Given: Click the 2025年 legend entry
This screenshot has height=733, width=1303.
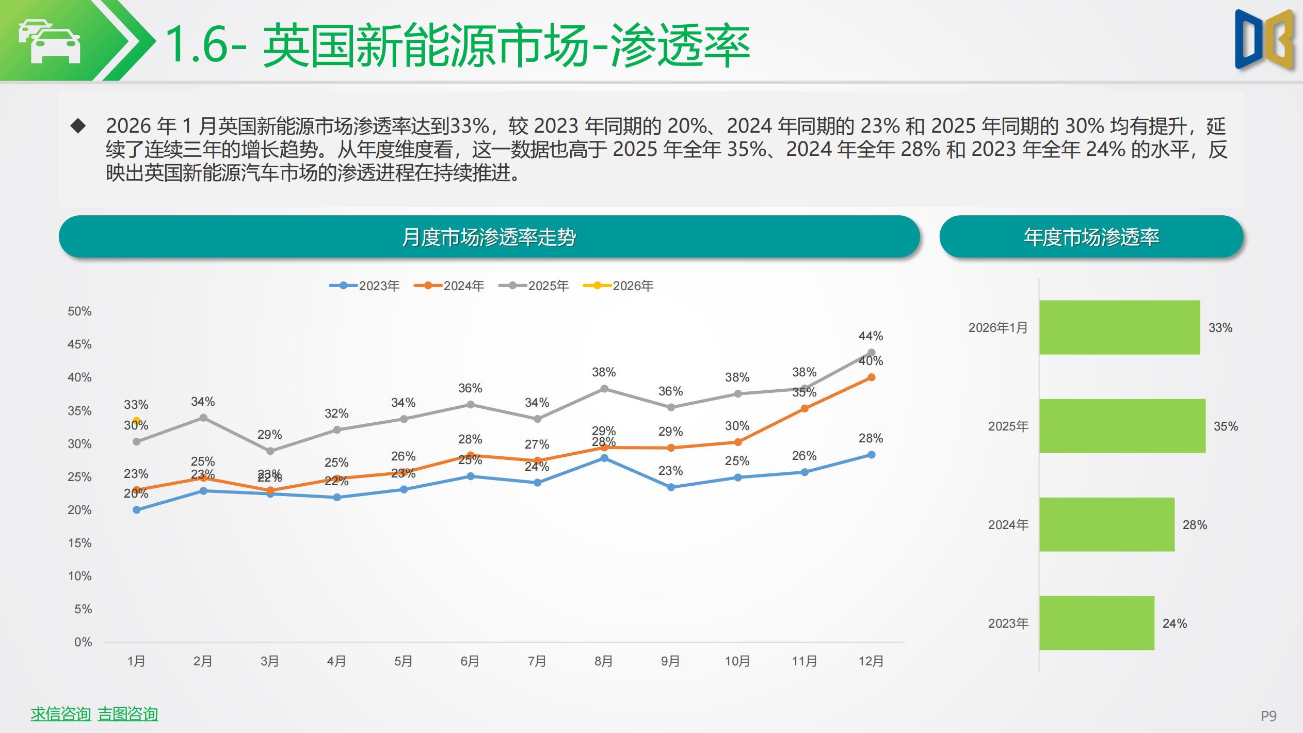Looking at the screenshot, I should [534, 286].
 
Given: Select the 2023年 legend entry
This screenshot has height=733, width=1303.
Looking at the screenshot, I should [365, 286].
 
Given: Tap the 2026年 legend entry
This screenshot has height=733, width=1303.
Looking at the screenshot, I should [619, 286].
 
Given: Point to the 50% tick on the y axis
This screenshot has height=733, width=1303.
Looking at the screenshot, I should [79, 311].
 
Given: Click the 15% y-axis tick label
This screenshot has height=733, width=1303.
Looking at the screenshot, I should [79, 543].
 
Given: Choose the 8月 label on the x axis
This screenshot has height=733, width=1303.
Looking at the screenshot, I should [604, 661].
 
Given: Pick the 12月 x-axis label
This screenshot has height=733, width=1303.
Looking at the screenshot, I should [871, 661].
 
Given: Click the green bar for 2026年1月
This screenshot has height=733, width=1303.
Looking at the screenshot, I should [1119, 327].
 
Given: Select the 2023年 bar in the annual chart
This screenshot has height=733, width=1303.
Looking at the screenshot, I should [1097, 623].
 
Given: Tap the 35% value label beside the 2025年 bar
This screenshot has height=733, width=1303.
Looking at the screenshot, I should [1226, 426].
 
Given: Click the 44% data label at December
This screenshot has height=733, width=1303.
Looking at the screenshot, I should [871, 336].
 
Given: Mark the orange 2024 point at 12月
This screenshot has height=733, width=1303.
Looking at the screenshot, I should [872, 377].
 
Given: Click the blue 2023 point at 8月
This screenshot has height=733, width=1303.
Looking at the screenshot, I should [604, 458].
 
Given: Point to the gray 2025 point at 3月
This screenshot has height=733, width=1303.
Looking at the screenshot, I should [270, 451].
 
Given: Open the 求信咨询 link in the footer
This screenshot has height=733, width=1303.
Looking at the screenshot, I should [61, 714].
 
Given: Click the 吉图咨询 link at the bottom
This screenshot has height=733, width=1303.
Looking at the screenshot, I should [128, 714].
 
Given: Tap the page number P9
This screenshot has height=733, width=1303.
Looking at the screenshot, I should [1268, 716].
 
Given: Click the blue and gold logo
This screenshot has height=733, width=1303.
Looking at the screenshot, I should [1264, 40].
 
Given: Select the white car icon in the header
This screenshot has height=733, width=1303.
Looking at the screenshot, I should [50, 41].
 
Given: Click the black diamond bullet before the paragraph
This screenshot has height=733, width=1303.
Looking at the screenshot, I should [78, 125].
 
